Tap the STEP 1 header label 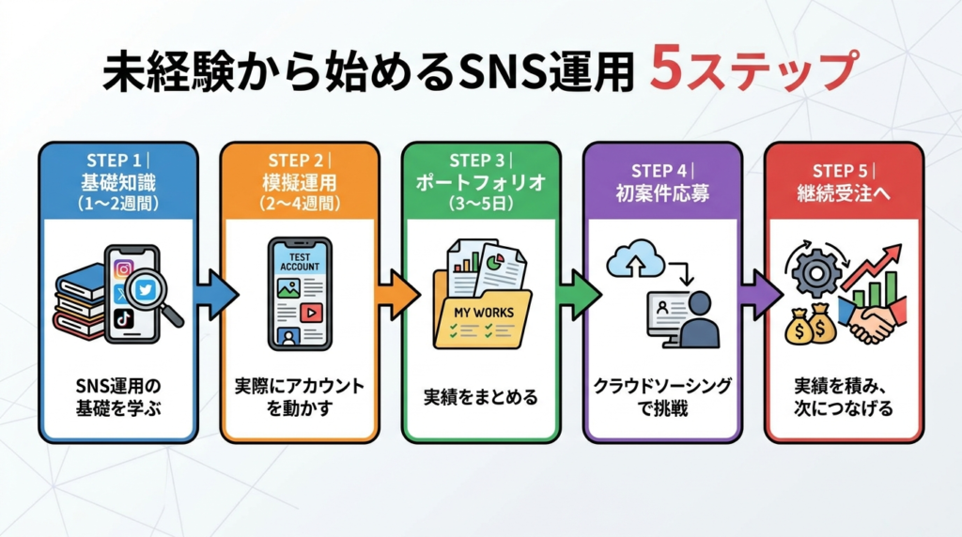click(x=116, y=159)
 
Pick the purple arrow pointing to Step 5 click(x=759, y=295)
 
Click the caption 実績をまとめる click(x=480, y=397)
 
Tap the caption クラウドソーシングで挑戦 click(x=662, y=397)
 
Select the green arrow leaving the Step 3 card click(x=578, y=295)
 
